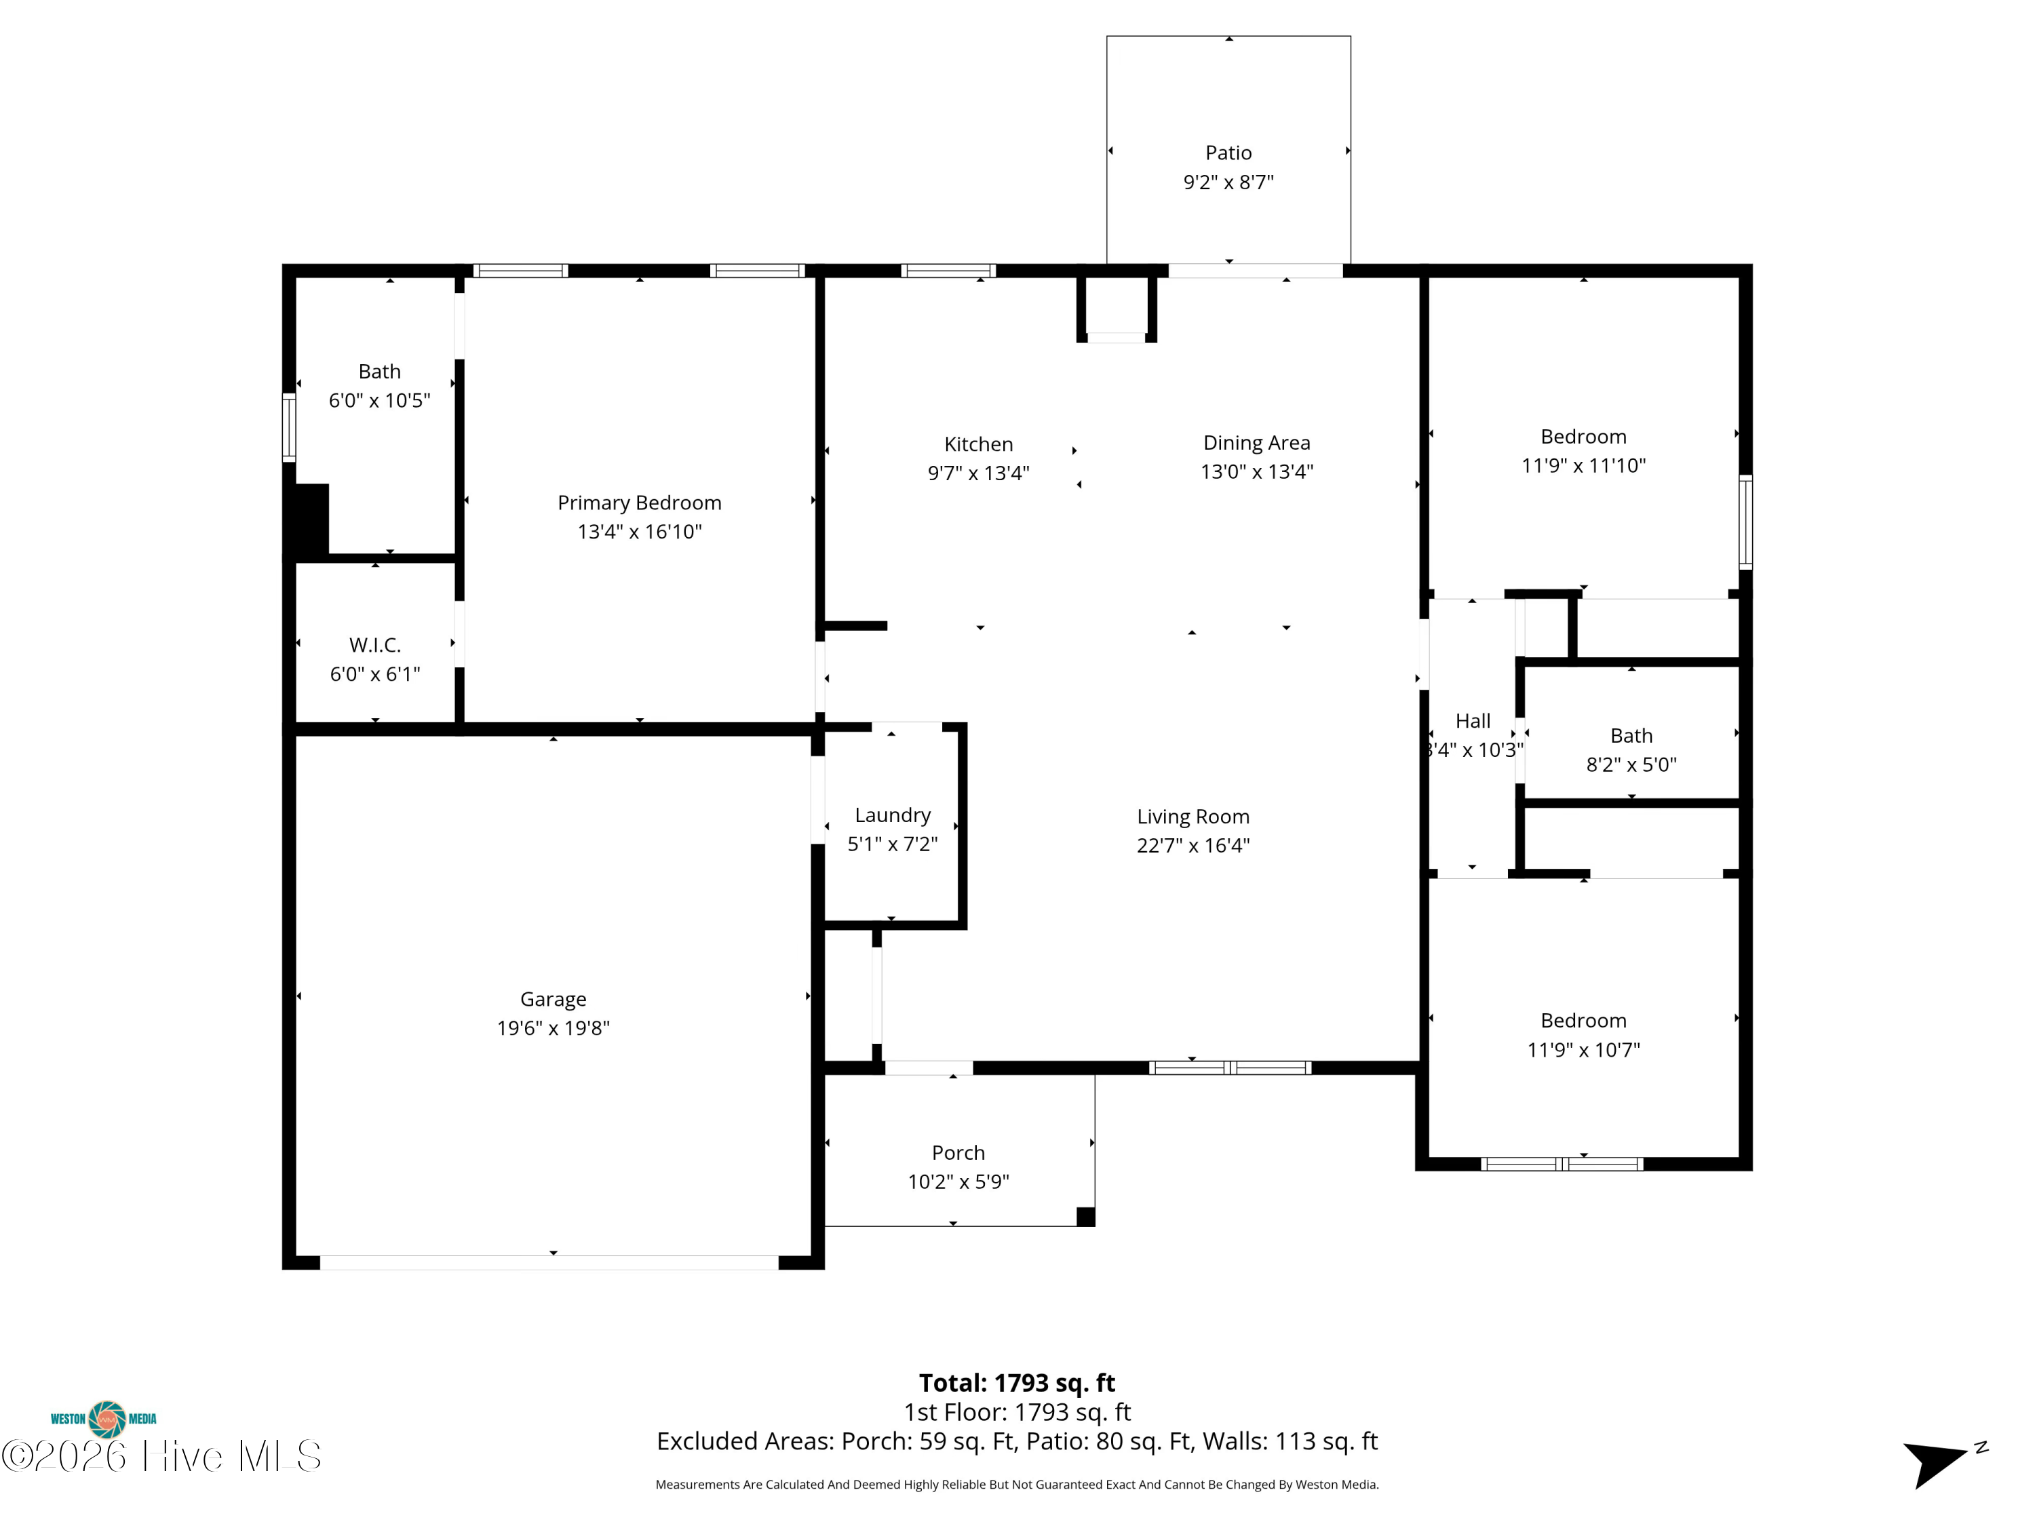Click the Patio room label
(x=1228, y=153)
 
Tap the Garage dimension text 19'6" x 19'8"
(x=553, y=1028)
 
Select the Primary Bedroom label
(x=640, y=503)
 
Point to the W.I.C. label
(x=375, y=645)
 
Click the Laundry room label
(x=893, y=816)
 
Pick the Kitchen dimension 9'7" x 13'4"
(x=978, y=473)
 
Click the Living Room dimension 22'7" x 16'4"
(x=1193, y=845)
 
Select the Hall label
(x=1473, y=721)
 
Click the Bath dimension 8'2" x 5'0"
(x=1631, y=764)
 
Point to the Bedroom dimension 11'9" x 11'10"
(x=1583, y=465)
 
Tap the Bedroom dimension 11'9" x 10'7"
(x=1583, y=1049)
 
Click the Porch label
(x=958, y=1152)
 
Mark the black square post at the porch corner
(x=1085, y=1217)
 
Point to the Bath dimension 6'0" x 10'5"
(x=379, y=400)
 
